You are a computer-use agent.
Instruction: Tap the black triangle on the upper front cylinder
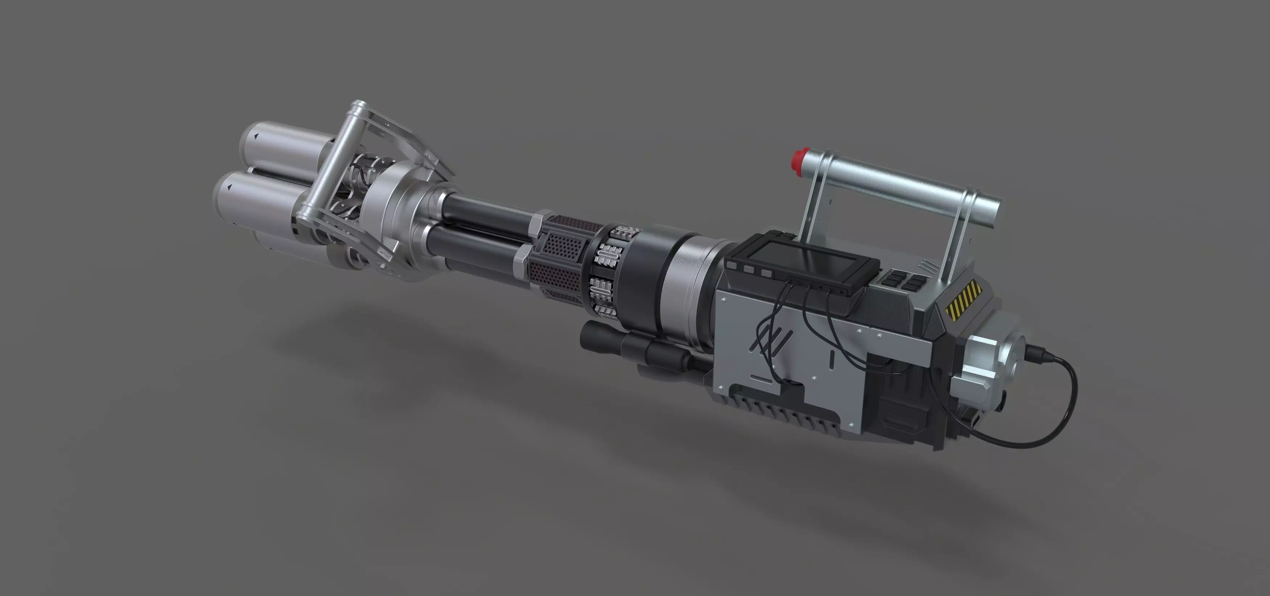256,136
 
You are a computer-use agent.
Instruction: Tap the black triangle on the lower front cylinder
229,187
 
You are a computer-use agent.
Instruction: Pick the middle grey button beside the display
750,270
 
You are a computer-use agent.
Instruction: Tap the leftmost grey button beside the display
732,266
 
